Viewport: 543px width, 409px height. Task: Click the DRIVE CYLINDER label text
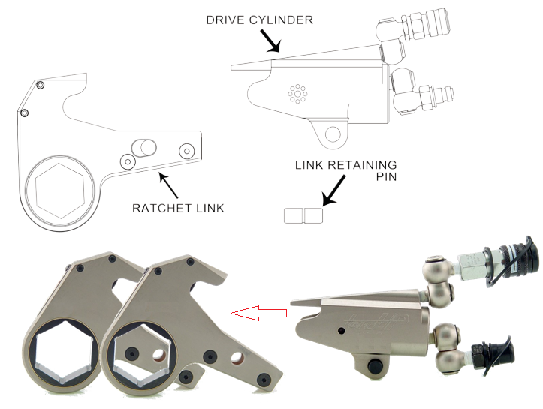(x=259, y=20)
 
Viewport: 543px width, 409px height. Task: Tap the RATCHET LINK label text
(x=178, y=209)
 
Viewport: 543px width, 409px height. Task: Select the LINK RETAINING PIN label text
(x=345, y=170)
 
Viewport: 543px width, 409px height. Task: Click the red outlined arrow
(x=259, y=314)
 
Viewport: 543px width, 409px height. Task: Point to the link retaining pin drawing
(x=303, y=215)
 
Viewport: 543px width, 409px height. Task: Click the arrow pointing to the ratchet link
(x=168, y=185)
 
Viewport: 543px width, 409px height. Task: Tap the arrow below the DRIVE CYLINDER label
(x=270, y=41)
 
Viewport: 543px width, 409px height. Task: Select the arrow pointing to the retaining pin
(x=333, y=191)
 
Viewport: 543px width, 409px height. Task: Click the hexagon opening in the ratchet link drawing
(x=60, y=191)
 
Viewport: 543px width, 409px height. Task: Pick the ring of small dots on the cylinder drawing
(x=297, y=93)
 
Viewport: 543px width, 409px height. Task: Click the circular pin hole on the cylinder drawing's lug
(x=333, y=134)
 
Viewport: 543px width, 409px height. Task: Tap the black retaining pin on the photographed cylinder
(x=374, y=365)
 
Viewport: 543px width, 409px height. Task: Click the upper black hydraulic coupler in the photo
(x=513, y=260)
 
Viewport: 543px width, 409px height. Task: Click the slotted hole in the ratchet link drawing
(x=145, y=148)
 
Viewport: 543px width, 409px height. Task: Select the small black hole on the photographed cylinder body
(x=342, y=331)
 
